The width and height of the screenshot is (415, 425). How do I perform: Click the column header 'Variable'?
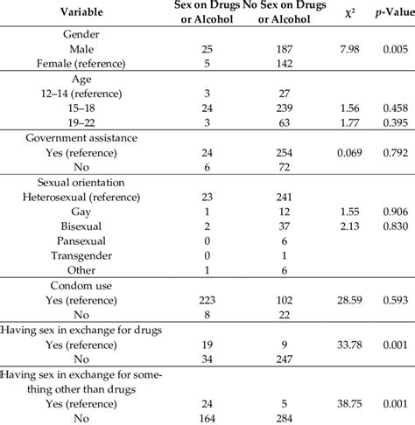click(84, 14)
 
